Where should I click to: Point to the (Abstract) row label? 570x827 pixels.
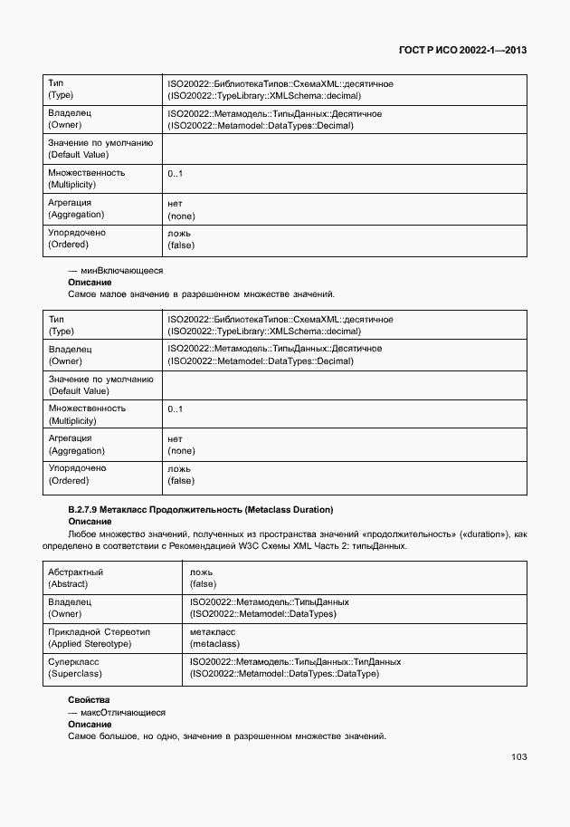[75, 584]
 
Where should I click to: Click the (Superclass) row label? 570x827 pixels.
[78, 673]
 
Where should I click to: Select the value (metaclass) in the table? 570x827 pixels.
[214, 643]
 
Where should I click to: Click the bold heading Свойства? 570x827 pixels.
[89, 700]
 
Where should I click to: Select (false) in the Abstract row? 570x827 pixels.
[204, 584]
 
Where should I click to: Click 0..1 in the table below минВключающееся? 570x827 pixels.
[176, 409]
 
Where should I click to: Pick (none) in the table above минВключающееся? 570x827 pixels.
[181, 216]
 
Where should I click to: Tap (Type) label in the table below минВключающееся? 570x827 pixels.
[61, 332]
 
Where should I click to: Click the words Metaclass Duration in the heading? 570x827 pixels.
[289, 510]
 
